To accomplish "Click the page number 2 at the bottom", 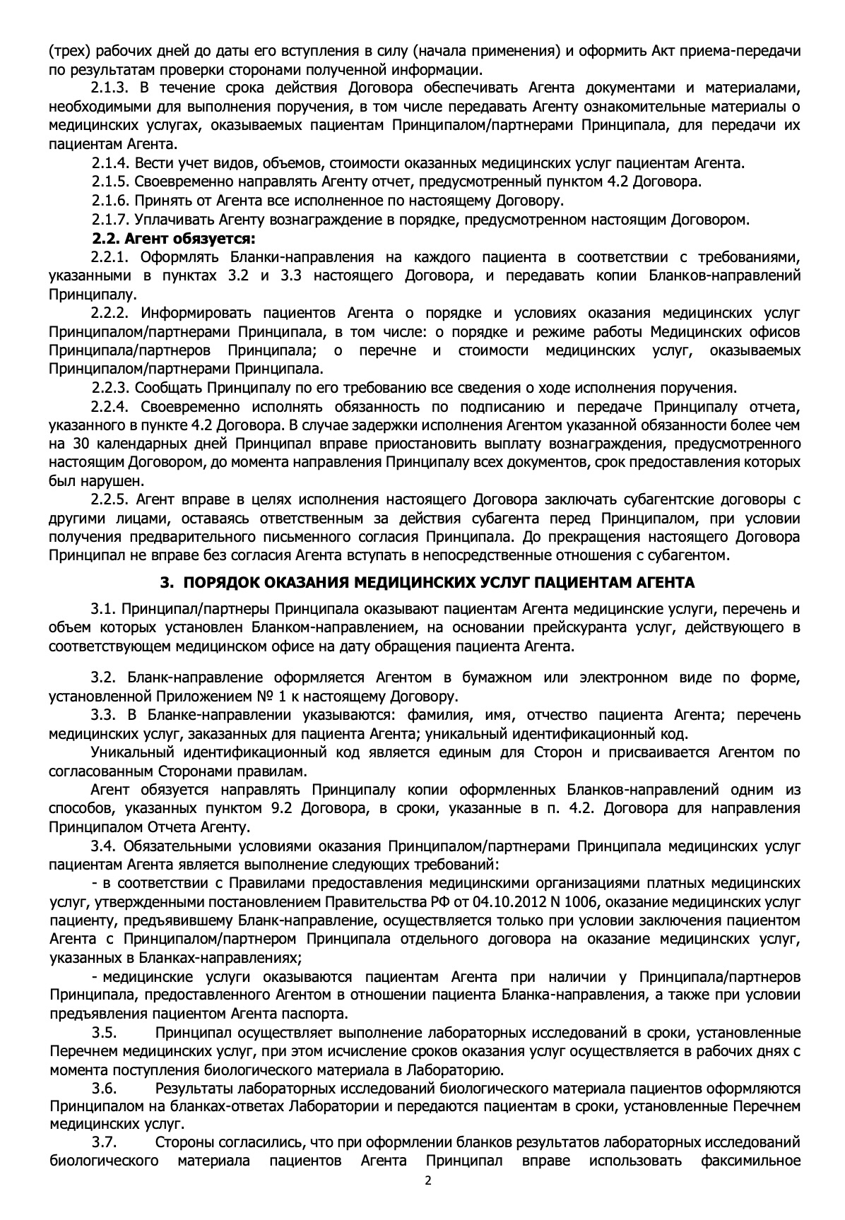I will click(x=427, y=1180).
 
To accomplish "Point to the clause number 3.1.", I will click(x=102, y=608).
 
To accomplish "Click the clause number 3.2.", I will click(x=102, y=678).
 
